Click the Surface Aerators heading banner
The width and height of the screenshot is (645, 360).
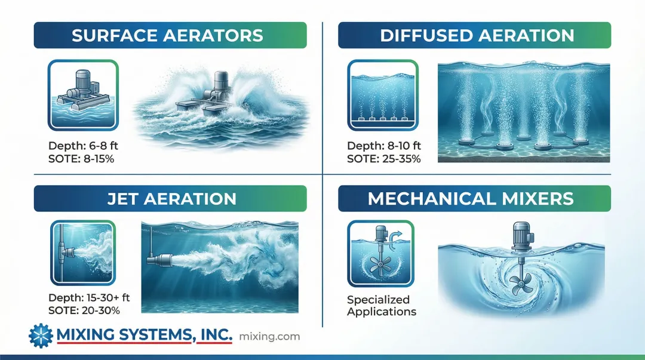[170, 35]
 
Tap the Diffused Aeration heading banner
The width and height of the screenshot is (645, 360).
[474, 35]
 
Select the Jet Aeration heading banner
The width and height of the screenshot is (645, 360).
[170, 199]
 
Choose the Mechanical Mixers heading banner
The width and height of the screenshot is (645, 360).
[474, 199]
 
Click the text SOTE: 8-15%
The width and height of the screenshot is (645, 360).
[81, 159]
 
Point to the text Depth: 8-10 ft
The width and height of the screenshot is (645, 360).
[384, 146]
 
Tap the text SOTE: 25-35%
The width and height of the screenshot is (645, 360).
[384, 159]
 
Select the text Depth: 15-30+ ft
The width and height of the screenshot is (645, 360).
[89, 297]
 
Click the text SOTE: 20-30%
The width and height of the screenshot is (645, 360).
[84, 310]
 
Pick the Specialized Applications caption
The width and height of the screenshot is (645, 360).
[381, 306]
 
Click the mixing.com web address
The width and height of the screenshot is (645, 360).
[269, 337]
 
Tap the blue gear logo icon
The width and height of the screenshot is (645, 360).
[41, 336]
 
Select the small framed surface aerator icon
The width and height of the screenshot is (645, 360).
[83, 95]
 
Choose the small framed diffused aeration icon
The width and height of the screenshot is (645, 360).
[383, 95]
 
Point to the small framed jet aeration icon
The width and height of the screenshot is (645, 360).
[83, 253]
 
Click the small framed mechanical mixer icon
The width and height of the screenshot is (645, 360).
[380, 254]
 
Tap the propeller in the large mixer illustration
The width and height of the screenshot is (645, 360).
[521, 284]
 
